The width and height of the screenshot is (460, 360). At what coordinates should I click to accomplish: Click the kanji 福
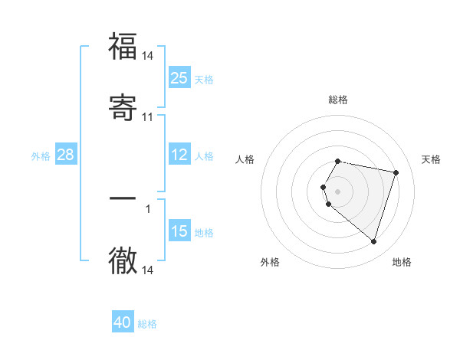tap(123, 47)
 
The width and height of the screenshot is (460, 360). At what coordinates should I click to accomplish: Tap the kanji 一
tap(123, 199)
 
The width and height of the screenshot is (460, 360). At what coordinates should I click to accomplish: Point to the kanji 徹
tap(123, 260)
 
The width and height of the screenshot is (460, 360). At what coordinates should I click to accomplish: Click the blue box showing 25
tap(179, 78)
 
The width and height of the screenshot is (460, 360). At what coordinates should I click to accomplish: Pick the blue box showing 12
tap(179, 155)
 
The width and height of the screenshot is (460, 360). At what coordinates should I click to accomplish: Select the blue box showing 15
tap(179, 231)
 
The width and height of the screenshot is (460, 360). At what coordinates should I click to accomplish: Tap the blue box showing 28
tap(65, 155)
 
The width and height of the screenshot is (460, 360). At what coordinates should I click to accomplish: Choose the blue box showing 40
tap(123, 322)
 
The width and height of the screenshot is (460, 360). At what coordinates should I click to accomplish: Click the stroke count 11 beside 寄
tap(148, 117)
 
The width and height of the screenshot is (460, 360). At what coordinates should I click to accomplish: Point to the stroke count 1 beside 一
tap(148, 208)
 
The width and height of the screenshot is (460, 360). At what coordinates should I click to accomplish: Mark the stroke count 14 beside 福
tap(148, 56)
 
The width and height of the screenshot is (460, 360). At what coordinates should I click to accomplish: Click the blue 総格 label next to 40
tap(147, 324)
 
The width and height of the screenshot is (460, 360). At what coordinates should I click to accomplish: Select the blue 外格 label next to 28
tap(41, 156)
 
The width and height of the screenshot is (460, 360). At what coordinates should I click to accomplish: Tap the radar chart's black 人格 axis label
tap(245, 159)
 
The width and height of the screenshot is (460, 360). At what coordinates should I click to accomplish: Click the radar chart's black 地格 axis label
tap(402, 262)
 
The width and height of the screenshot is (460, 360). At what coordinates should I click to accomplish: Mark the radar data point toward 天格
tap(396, 172)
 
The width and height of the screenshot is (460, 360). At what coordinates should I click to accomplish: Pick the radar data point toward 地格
tap(373, 241)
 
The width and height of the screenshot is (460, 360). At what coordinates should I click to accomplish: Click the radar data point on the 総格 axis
tap(338, 162)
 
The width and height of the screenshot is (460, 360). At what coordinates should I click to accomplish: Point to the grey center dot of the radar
tap(338, 191)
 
